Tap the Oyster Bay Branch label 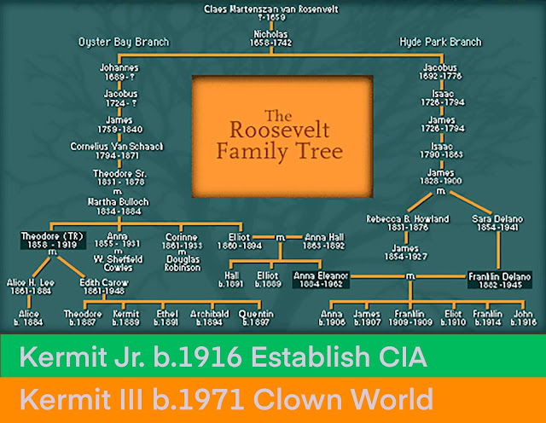pos(123,41)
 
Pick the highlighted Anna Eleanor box pos(320,281)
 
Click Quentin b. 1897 pos(255,318)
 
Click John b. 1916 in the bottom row pos(525,318)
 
